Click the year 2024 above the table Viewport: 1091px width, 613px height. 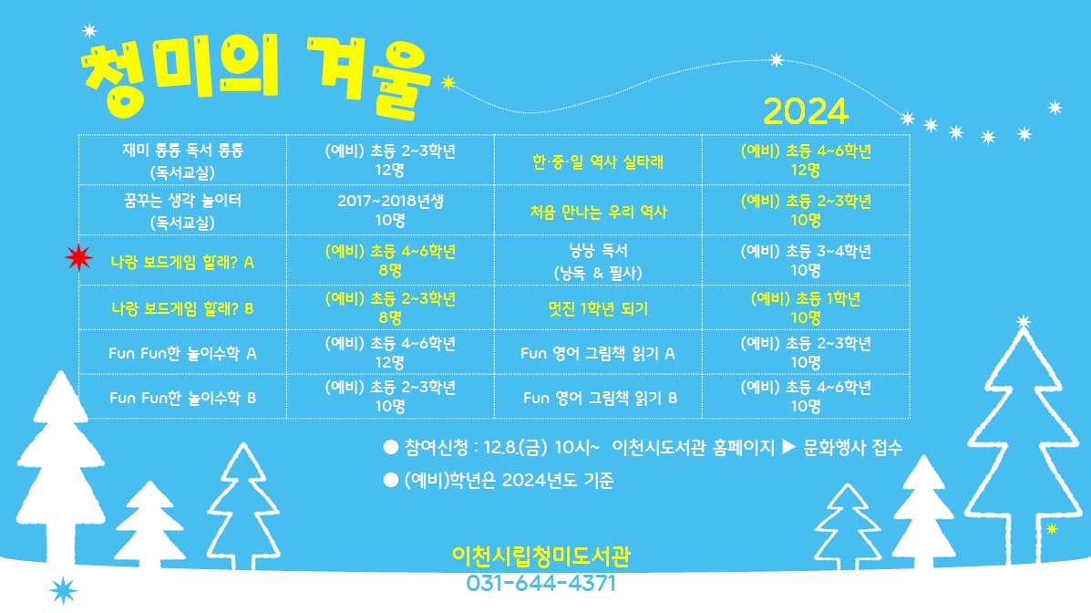pyautogui.click(x=805, y=111)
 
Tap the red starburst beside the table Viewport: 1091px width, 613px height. pyautogui.click(x=79, y=257)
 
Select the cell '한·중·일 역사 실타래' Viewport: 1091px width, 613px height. pyautogui.click(x=598, y=161)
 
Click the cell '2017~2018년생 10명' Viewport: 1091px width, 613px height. pyautogui.click(x=390, y=211)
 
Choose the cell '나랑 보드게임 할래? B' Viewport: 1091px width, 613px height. pyautogui.click(x=182, y=308)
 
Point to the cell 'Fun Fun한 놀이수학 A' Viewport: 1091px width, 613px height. pyautogui.click(x=182, y=353)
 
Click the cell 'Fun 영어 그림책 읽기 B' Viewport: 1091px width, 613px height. pyautogui.click(x=600, y=398)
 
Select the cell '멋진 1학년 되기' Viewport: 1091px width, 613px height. pyautogui.click(x=598, y=308)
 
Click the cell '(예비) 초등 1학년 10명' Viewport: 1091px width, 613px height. pyautogui.click(x=806, y=308)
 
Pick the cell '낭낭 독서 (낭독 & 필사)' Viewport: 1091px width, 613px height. pyautogui.click(x=598, y=261)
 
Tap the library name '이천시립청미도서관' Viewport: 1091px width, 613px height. pyautogui.click(x=541, y=556)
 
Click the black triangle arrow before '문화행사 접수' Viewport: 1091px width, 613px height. pyautogui.click(x=789, y=446)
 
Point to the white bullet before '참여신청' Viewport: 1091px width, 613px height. pyautogui.click(x=391, y=447)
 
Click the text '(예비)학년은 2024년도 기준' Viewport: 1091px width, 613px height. pyautogui.click(x=509, y=480)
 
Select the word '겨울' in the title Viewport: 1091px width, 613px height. pyautogui.click(x=370, y=77)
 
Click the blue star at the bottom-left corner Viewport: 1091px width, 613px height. pyautogui.click(x=63, y=591)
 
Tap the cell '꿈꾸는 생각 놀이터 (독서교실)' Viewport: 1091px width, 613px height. pyautogui.click(x=182, y=211)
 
